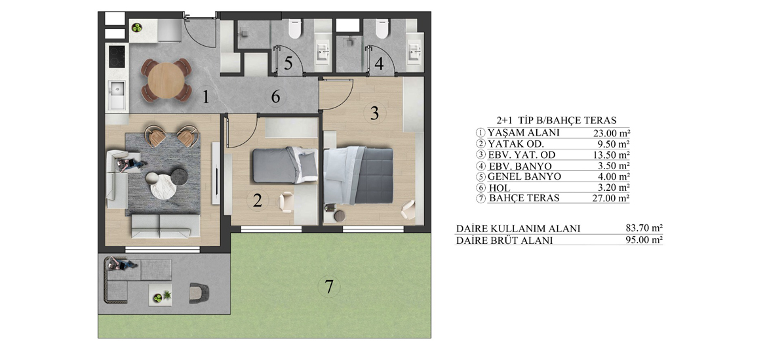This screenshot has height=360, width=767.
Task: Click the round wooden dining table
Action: click(167, 80)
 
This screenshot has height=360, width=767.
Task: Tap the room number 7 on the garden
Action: click(328, 286)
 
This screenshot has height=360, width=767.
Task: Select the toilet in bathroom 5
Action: click(294, 28)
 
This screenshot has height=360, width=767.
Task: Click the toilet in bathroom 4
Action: click(382, 28)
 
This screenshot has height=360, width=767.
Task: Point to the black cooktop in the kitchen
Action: click(117, 56)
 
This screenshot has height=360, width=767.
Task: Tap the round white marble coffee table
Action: click(161, 186)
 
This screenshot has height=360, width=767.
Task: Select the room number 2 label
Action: click(258, 201)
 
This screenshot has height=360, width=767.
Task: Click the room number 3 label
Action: click(374, 113)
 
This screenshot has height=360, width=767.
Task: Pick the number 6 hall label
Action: click(275, 97)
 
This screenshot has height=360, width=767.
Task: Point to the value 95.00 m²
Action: click(644, 240)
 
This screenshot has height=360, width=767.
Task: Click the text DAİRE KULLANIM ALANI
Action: click(518, 228)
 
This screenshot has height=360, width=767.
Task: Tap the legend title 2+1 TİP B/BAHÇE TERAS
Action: click(556, 120)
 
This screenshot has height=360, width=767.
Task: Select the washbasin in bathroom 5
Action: click(324, 51)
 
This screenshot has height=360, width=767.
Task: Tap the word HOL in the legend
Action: click(500, 188)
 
